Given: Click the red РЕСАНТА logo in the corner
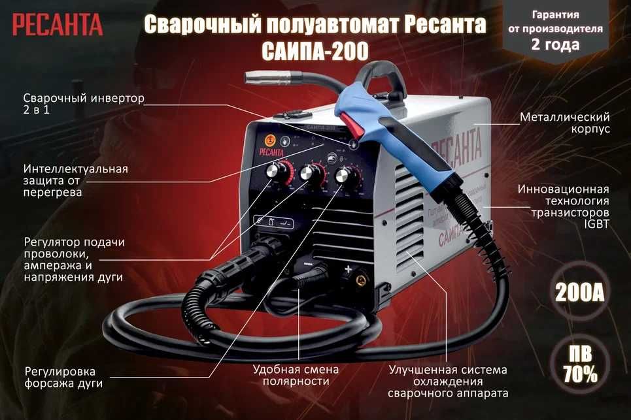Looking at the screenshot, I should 57,25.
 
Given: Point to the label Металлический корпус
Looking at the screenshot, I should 565,123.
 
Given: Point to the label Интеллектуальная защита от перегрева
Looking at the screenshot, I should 75,180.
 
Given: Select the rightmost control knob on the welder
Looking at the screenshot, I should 345,178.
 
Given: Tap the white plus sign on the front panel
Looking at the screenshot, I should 349,268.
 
